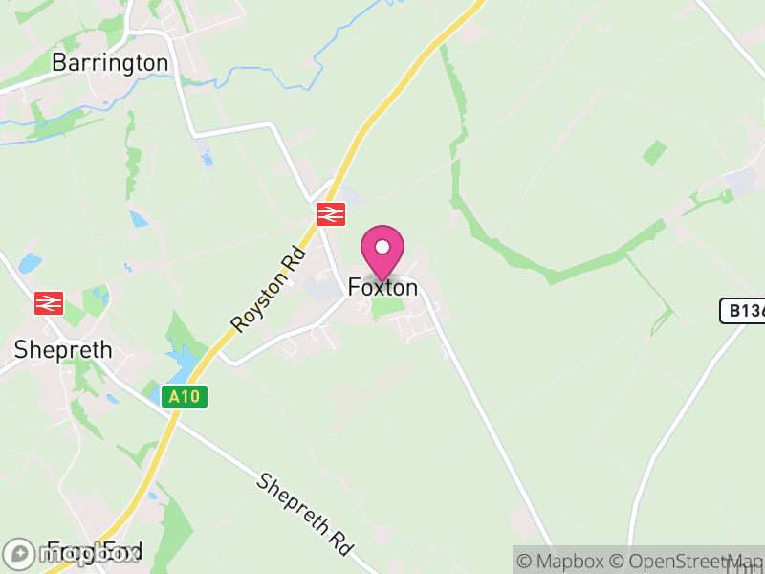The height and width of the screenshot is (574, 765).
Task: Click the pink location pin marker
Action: [382, 251]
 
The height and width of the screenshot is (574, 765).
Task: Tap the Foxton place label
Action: [382, 287]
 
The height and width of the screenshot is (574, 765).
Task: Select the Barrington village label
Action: [110, 63]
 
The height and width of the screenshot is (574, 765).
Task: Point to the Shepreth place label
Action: [63, 350]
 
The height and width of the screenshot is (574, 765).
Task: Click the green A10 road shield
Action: [185, 396]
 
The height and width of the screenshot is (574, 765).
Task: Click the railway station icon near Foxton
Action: [331, 214]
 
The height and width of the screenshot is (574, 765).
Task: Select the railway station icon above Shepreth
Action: [48, 303]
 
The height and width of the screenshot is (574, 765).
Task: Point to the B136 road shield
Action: [742, 311]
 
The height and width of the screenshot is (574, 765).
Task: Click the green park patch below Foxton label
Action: [386, 308]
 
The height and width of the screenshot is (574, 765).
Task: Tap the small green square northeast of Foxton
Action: [655, 151]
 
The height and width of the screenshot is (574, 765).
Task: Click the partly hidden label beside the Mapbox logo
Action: [96, 552]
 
